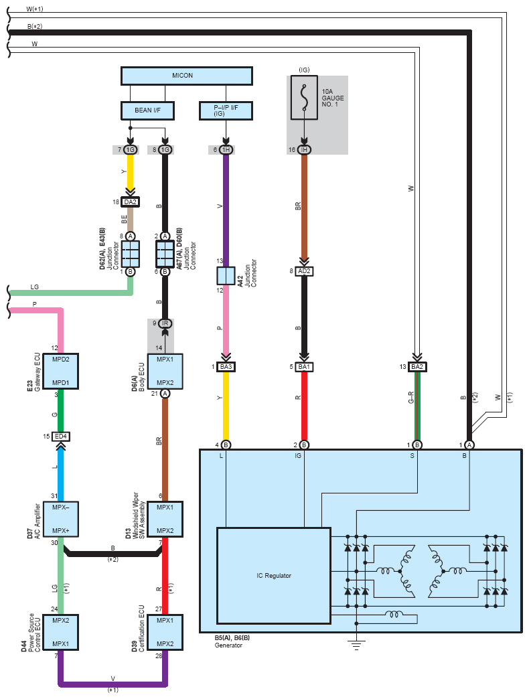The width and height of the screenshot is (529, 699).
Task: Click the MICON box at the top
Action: coord(187,75)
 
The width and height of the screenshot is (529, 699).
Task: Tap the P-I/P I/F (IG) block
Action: coord(226,110)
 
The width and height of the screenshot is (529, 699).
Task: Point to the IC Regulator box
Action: coord(273,575)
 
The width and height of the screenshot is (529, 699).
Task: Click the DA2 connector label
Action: coord(131,201)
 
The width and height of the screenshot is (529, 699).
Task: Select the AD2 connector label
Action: coord(305,271)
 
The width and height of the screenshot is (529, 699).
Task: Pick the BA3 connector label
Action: coord(226,367)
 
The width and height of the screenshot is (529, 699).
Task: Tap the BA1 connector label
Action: coord(305,367)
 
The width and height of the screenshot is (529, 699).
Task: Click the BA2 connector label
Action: coord(417,367)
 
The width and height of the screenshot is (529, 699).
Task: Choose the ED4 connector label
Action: coord(61,437)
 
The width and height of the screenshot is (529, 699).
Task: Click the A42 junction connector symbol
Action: coord(226,276)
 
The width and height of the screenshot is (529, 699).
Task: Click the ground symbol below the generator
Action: coord(356,644)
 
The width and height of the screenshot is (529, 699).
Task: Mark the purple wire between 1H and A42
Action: coord(226,208)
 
